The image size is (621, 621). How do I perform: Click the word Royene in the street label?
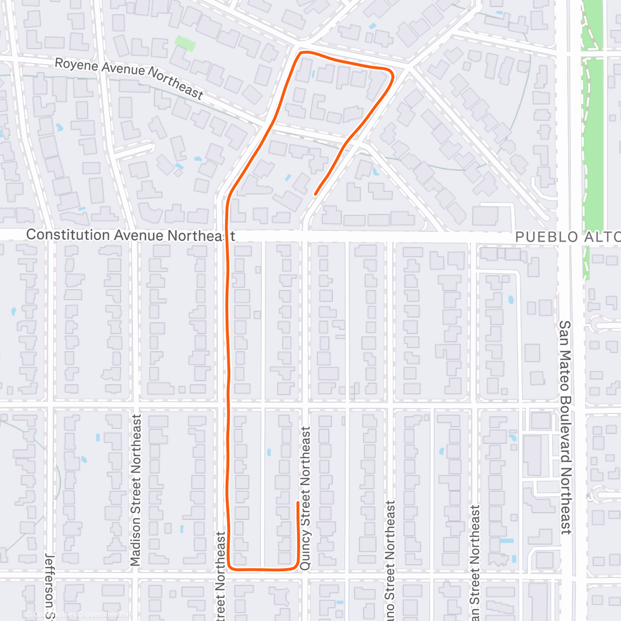pos(76,65)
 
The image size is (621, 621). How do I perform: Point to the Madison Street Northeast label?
pos(136,490)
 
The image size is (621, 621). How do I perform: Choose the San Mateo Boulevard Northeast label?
pos(565,427)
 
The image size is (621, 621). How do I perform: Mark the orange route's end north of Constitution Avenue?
pos(315,194)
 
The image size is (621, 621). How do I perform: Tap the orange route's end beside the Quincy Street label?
pos(298,502)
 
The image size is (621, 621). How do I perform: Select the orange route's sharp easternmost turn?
pos(392,75)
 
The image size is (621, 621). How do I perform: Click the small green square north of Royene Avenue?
pos(185,43)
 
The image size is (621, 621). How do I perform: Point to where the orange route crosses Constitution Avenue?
pos(227,236)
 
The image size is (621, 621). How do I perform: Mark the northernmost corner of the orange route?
pos(302,52)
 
